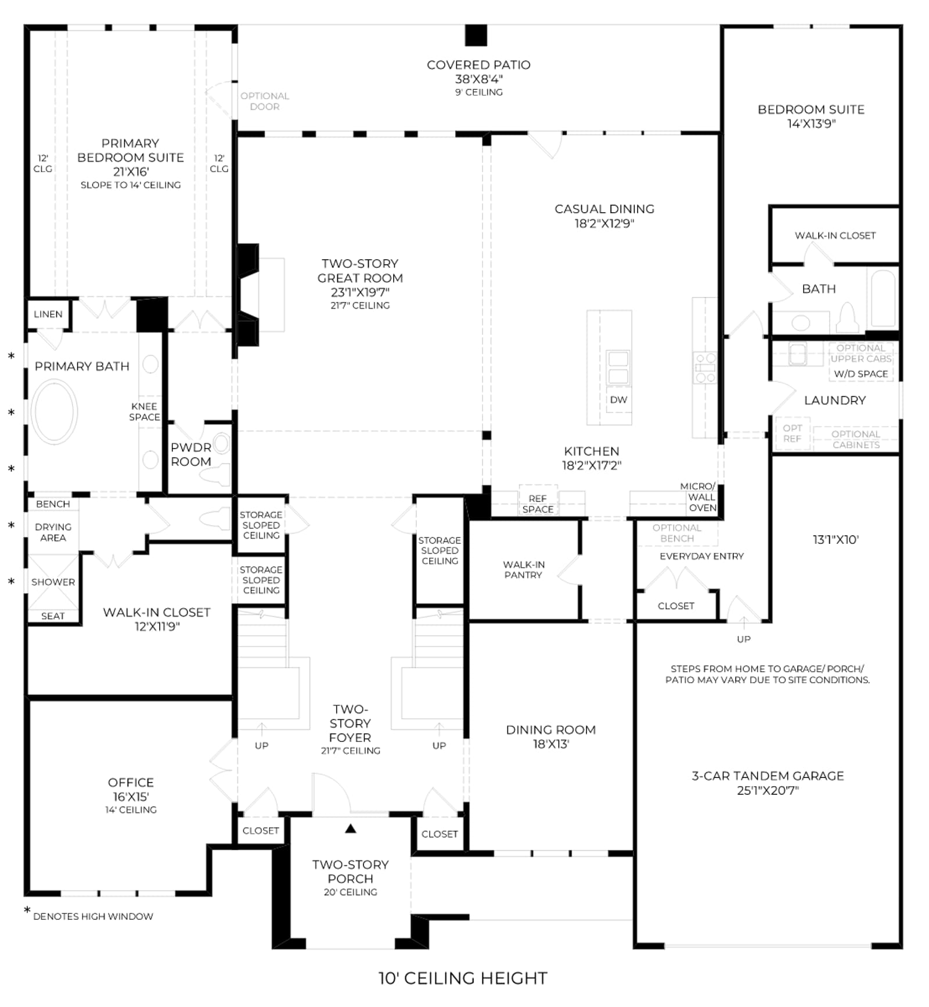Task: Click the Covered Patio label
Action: pos(478,65)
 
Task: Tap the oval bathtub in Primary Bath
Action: pos(54,411)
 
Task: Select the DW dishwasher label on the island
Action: pos(618,400)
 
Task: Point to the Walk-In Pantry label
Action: pos(523,569)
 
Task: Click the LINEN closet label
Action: pos(48,314)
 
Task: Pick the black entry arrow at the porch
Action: pos(350,829)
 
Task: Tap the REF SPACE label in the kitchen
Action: pos(538,504)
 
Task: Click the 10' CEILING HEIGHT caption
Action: pos(463,979)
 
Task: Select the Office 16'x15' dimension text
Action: pos(131,797)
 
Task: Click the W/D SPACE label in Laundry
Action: pos(860,374)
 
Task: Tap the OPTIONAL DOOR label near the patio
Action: pos(265,101)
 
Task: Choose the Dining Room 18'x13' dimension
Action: pos(551,744)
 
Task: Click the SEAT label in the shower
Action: pos(53,616)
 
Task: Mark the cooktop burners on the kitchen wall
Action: pos(705,367)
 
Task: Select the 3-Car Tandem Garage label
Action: pos(768,776)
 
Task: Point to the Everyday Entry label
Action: pos(701,556)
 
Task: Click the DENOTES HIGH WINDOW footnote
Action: pos(93,916)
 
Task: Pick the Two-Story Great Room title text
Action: pos(360,271)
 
